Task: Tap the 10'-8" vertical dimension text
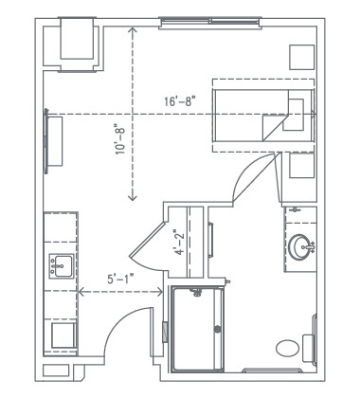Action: (120, 142)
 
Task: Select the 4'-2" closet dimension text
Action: (177, 243)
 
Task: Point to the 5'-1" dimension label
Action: (119, 279)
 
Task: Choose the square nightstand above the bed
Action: (301, 55)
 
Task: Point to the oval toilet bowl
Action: (288, 348)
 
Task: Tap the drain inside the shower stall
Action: (219, 329)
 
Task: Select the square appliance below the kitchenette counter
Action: (63, 335)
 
